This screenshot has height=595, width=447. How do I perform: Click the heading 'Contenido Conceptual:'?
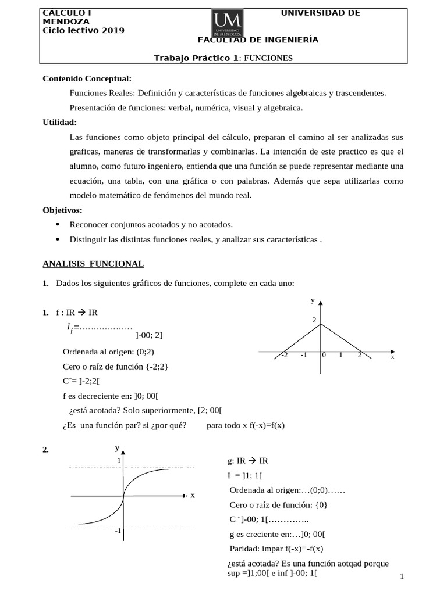(87, 78)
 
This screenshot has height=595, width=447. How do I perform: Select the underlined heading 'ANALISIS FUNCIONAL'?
(93, 263)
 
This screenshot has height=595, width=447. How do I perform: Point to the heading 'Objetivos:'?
(63, 210)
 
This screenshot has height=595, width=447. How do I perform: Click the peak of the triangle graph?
(321, 324)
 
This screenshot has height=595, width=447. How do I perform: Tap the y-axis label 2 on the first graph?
(314, 320)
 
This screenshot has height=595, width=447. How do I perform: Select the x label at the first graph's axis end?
(392, 357)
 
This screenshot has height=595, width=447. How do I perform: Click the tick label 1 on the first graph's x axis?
(341, 355)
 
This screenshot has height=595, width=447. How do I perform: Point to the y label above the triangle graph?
(313, 300)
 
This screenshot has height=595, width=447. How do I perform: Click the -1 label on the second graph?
(117, 531)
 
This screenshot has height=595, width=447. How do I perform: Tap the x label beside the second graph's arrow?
(192, 495)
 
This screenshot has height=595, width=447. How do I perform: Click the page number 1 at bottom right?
(402, 576)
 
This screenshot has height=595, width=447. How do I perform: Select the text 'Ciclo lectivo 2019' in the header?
(84, 30)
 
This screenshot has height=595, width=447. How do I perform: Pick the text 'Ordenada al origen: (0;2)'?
(108, 352)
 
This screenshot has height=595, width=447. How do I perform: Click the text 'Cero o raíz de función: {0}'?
(278, 504)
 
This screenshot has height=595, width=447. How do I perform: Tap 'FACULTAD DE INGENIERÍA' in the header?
(258, 40)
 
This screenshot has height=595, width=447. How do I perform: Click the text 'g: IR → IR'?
(248, 461)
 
